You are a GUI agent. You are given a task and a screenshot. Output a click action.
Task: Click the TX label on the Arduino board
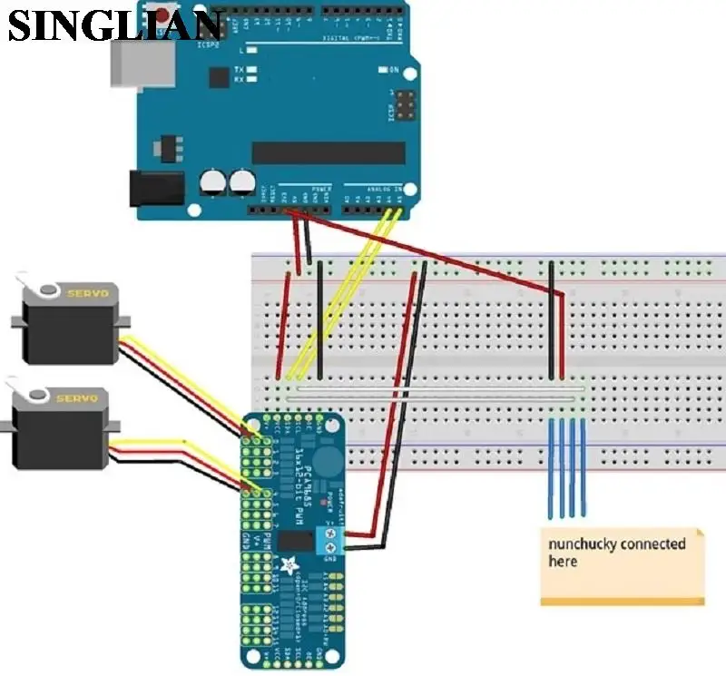pyautogui.click(x=239, y=69)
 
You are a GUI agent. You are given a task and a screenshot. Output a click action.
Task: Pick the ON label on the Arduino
pyautogui.click(x=394, y=69)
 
